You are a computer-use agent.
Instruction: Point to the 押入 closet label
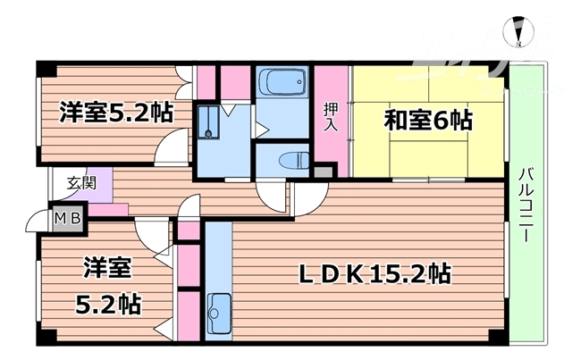pyautogui.click(x=330, y=116)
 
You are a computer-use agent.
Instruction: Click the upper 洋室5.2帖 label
pyautogui.click(x=116, y=113)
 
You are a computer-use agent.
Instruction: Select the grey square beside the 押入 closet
pyautogui.click(x=323, y=171)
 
